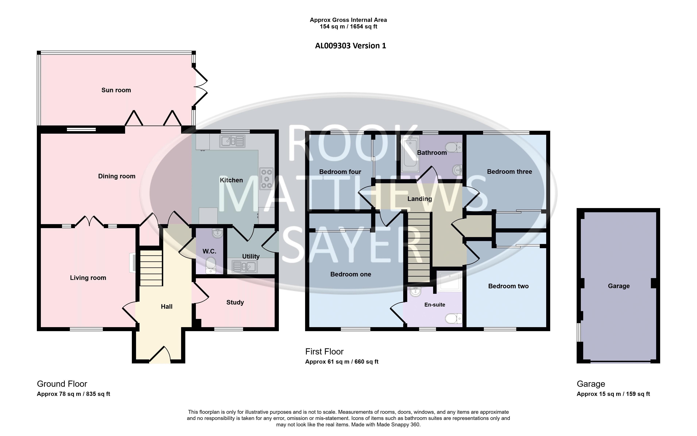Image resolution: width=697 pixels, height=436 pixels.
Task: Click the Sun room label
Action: [116, 90]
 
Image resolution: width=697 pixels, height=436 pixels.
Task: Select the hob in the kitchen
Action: [266, 179]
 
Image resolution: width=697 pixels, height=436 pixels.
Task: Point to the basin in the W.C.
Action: [217, 233]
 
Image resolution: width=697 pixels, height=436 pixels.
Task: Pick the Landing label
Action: [420, 199]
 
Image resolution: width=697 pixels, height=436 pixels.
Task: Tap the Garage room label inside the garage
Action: [619, 286]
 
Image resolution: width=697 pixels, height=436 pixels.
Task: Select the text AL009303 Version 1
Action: [350, 46]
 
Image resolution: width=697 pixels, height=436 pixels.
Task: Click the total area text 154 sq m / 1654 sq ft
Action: [348, 26]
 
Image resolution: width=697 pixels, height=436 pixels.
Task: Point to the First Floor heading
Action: [324, 352]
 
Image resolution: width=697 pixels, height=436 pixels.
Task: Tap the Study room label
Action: [235, 303]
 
